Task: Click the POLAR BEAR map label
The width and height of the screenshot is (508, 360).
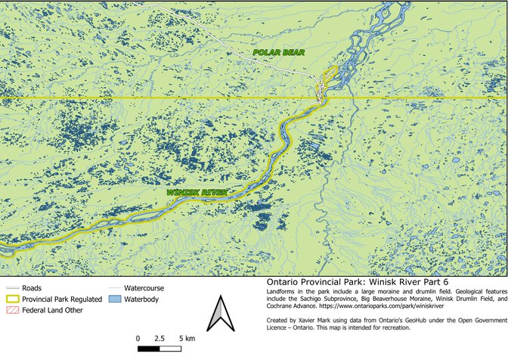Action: point(277,52)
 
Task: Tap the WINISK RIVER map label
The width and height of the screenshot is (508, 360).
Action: point(197,193)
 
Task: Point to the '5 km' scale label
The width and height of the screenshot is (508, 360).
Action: point(187,337)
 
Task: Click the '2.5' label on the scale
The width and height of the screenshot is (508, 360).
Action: point(159,337)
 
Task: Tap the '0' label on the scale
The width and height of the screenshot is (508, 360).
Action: point(138,337)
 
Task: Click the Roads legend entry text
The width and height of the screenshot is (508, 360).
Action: point(32,288)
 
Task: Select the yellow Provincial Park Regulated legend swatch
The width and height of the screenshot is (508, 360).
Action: point(12,299)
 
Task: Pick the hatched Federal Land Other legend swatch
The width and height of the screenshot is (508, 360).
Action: point(12,311)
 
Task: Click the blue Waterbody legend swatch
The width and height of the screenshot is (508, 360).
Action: point(114,300)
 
